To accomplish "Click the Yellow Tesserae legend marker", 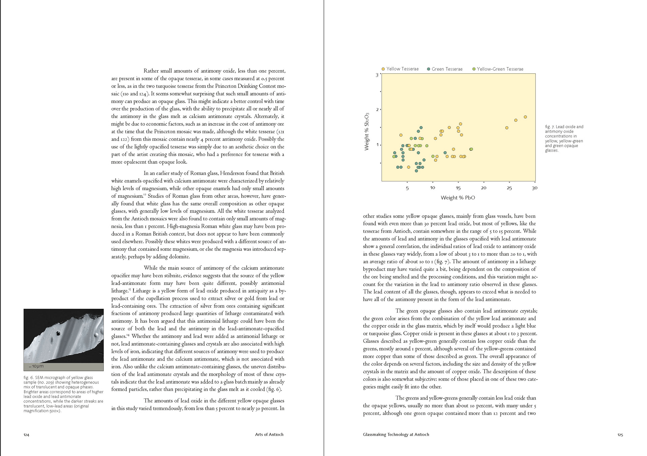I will [x=383, y=69].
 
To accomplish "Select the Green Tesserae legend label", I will [x=447, y=69].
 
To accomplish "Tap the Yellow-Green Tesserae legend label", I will [x=500, y=69].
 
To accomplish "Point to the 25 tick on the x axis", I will [x=509, y=188].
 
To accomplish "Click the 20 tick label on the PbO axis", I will [x=484, y=188].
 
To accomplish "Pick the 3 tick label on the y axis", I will [x=377, y=75].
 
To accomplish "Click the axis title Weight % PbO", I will [x=458, y=198].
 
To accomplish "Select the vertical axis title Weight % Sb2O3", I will [x=367, y=131].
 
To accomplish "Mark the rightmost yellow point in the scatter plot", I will [x=525, y=117].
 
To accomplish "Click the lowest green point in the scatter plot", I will [x=416, y=171].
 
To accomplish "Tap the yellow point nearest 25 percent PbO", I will [x=507, y=128].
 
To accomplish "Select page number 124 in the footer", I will [x=26, y=435].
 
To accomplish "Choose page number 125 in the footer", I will [x=620, y=435].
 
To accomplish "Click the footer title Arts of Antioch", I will [x=269, y=434].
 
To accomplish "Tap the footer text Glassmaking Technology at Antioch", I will [x=396, y=434].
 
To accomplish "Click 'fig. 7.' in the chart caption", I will [x=550, y=127].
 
